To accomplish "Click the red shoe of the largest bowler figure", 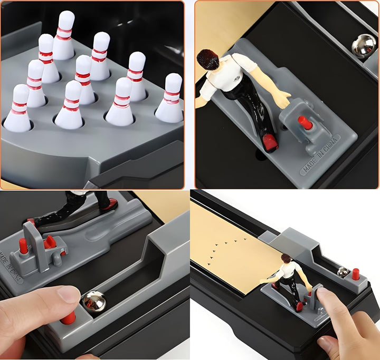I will point(270,141).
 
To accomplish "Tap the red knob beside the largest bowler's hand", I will point(305,123).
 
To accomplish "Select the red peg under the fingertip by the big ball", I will point(68,317).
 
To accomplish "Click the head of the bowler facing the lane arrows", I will point(286,258).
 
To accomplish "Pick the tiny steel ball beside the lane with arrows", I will point(343,272).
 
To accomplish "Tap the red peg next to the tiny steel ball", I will point(355,274).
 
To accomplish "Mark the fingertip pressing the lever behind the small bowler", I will point(322,296).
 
